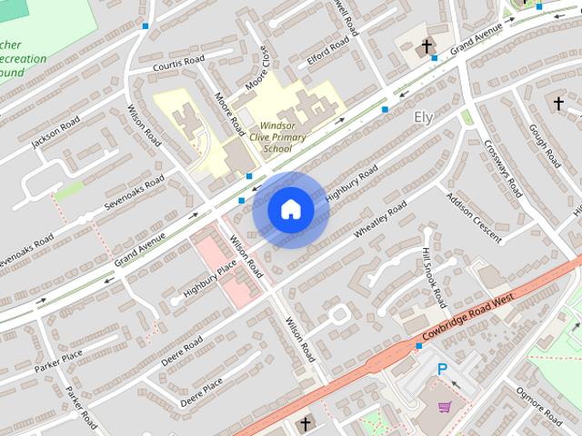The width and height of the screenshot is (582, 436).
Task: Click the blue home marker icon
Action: [291, 210]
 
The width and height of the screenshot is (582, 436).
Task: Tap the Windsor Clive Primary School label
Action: [283, 136]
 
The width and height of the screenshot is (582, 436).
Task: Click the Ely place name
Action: [424, 117]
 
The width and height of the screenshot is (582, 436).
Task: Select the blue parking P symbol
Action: [442, 370]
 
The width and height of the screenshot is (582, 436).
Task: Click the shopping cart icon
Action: [445, 406]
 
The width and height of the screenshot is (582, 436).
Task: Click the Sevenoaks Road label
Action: [134, 192]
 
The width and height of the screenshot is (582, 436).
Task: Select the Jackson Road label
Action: [55, 134]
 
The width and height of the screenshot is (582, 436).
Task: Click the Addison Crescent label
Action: [474, 218]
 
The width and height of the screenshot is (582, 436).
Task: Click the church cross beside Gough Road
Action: [558, 104]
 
